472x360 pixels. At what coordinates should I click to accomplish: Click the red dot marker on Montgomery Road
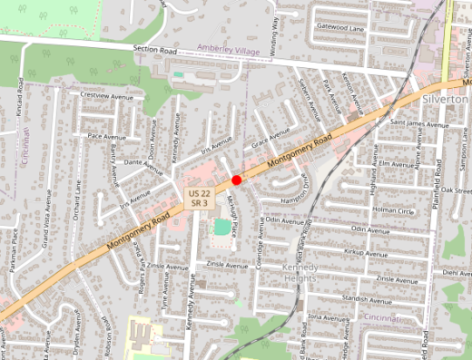point(236,180)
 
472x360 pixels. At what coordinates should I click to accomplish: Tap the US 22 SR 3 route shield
point(201,199)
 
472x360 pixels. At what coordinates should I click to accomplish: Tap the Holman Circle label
point(393,210)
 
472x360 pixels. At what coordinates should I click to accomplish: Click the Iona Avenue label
point(329,317)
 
